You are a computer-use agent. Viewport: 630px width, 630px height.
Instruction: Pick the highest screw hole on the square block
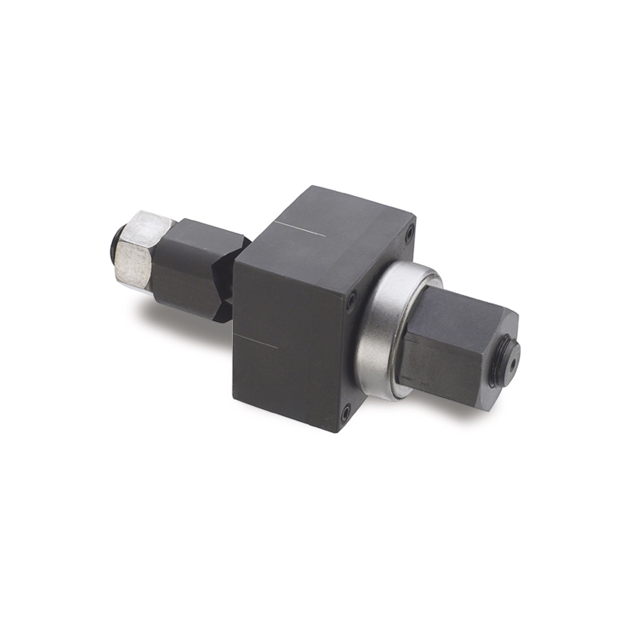(409, 233)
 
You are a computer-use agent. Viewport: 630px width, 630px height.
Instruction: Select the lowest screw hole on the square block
(345, 411)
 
